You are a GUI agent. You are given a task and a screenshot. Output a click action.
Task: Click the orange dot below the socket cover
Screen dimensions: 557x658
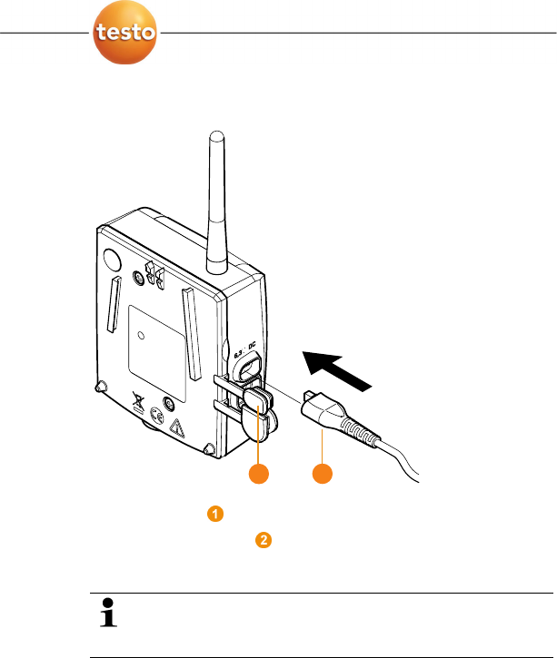point(261,475)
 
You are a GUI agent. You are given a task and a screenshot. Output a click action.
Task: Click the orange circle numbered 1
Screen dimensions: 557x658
point(215,515)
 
